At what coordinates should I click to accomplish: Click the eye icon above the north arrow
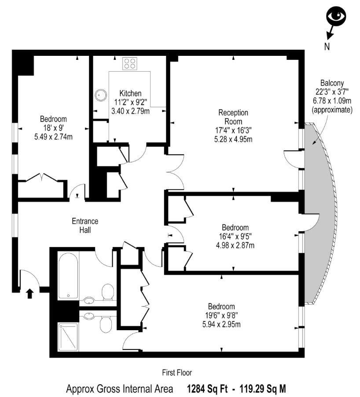[x=336, y=16]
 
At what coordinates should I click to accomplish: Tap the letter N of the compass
[x=327, y=46]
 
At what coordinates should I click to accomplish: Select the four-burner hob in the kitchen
[x=130, y=64]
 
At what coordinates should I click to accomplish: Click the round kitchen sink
[x=101, y=95]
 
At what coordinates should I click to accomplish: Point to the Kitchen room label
[x=130, y=93]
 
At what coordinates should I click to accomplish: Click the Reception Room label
[x=233, y=117]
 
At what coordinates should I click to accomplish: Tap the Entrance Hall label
[x=85, y=226]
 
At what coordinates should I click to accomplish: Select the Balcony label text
[x=332, y=83]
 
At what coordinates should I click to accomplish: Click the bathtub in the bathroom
[x=68, y=276]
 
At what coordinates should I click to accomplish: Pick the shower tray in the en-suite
[x=68, y=337]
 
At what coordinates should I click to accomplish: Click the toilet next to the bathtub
[x=108, y=292]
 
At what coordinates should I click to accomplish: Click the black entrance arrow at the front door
[x=30, y=294]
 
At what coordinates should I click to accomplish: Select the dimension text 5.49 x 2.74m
[x=54, y=137]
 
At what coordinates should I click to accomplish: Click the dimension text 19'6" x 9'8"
[x=221, y=316]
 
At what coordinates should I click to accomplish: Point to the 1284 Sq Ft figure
[x=207, y=388]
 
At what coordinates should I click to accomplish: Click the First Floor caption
[x=177, y=373]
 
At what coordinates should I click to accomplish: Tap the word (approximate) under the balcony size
[x=332, y=109]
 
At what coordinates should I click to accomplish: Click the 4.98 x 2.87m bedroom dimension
[x=235, y=245]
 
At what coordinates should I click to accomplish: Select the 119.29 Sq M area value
[x=263, y=388]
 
